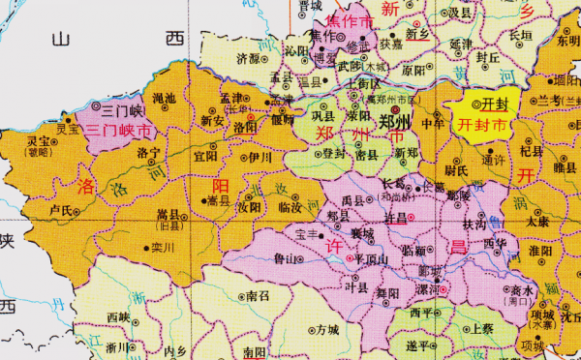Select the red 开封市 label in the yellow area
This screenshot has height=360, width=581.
tap(481, 125)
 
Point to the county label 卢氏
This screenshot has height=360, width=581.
tap(60, 209)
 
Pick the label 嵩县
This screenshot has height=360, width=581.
tap(169, 215)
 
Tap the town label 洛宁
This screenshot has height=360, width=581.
tap(148, 153)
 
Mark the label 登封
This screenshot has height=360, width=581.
tap(333, 153)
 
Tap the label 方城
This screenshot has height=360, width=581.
tap(327, 329)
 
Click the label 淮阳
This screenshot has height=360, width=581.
tap(540, 250)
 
